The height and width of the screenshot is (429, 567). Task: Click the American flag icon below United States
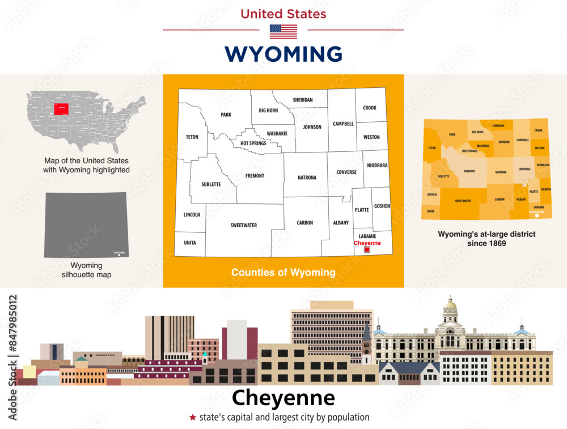click(x=283, y=31)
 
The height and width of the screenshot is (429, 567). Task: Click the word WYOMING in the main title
click(x=283, y=54)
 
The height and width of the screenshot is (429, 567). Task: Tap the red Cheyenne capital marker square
click(x=367, y=249)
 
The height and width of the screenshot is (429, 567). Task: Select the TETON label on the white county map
click(x=192, y=137)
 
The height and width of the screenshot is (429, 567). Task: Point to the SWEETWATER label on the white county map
click(x=243, y=226)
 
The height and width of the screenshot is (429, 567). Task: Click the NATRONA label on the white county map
click(x=307, y=178)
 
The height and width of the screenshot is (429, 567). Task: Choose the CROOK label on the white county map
click(x=370, y=108)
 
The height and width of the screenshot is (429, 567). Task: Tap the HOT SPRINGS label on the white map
click(x=253, y=143)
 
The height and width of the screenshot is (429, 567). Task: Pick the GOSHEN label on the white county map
click(x=382, y=206)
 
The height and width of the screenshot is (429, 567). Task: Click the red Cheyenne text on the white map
click(x=367, y=243)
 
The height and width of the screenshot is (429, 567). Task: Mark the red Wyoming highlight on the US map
click(x=62, y=109)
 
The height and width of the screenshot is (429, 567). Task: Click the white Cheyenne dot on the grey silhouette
click(x=119, y=256)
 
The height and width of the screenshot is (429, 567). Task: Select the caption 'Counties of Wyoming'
click(x=283, y=273)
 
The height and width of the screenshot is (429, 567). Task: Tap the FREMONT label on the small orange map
click(x=469, y=171)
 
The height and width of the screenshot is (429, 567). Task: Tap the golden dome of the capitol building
click(x=450, y=304)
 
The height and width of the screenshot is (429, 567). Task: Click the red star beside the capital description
click(x=193, y=418)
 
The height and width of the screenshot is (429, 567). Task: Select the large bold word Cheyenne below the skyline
click(x=283, y=398)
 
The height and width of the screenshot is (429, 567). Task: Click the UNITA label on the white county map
click(x=190, y=243)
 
